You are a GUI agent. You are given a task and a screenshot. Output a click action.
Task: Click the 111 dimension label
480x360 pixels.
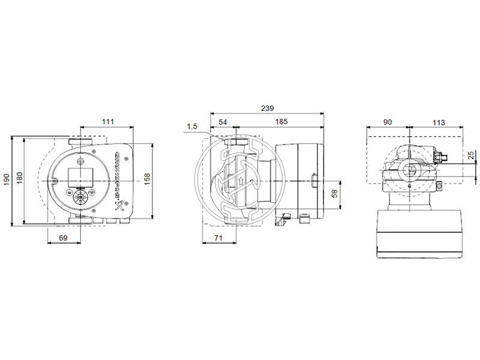[x=107, y=122]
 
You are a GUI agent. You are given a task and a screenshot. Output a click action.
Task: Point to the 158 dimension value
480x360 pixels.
[x=147, y=178]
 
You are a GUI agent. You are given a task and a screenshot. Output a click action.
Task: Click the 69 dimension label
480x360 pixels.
[x=64, y=238]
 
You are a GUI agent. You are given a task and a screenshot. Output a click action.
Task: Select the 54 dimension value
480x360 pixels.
[x=223, y=122]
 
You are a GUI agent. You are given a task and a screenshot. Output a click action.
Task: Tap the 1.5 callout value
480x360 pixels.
[x=192, y=126]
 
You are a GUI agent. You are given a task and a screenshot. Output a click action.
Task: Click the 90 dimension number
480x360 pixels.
[x=388, y=122]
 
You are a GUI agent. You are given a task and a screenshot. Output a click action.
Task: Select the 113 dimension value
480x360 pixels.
[x=439, y=122]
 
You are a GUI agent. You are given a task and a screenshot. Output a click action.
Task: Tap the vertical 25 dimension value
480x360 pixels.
[x=471, y=155]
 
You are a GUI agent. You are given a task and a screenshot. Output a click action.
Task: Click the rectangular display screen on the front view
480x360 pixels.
[x=79, y=176]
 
